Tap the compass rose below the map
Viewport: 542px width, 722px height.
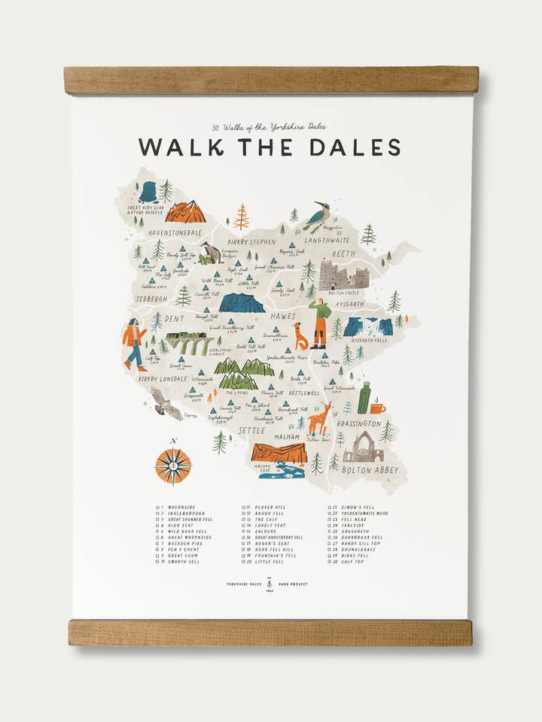(x=173, y=466)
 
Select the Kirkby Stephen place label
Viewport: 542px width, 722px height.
(x=252, y=242)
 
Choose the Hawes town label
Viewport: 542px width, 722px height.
(x=283, y=317)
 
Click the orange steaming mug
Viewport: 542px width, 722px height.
(x=377, y=408)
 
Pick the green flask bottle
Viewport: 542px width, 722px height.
(x=364, y=399)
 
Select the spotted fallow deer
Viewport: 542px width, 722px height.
(x=320, y=418)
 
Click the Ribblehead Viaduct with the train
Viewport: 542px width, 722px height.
(x=190, y=343)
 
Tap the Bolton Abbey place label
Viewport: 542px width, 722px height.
(x=370, y=471)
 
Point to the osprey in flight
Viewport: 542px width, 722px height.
(x=166, y=404)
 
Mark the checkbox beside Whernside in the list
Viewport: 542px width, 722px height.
(x=159, y=508)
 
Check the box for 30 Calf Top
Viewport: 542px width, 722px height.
(x=330, y=562)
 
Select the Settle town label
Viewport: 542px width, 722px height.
(x=251, y=430)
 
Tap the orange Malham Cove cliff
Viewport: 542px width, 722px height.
(x=279, y=453)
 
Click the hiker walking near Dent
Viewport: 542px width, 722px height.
(x=135, y=344)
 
